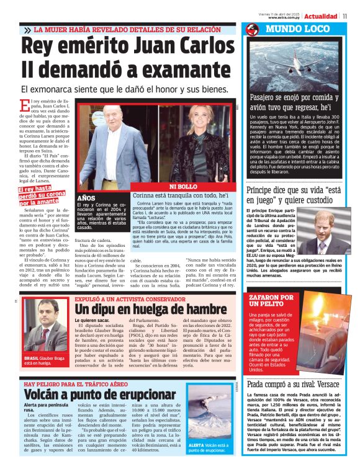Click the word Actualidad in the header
[x=321, y=15]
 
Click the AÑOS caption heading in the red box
[x=85, y=198]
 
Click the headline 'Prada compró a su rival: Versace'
[x=293, y=384]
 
